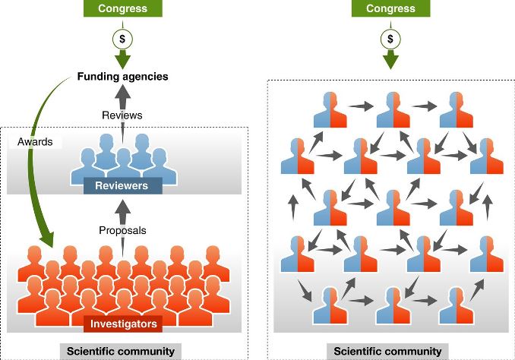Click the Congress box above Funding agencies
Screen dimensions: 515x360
123,8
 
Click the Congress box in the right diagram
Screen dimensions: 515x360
391,8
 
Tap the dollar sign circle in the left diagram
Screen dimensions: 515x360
122,39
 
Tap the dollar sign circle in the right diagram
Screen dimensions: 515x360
390,39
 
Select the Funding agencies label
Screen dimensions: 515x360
122,77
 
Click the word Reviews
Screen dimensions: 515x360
122,115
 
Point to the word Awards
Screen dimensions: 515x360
35,141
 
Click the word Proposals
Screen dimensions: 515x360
122,230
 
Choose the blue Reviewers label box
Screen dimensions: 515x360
123,185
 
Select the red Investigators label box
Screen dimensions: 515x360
123,324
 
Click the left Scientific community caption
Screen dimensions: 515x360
121,351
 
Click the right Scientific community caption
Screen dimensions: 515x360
387,351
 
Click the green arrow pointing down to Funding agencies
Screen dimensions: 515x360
122,59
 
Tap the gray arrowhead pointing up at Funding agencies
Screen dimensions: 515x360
122,93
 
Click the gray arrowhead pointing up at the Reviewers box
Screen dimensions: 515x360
123,207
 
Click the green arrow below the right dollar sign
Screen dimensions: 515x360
390,59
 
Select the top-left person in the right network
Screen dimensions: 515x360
330,109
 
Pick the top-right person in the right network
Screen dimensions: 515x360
457,109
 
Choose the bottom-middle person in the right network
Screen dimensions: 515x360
393,305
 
